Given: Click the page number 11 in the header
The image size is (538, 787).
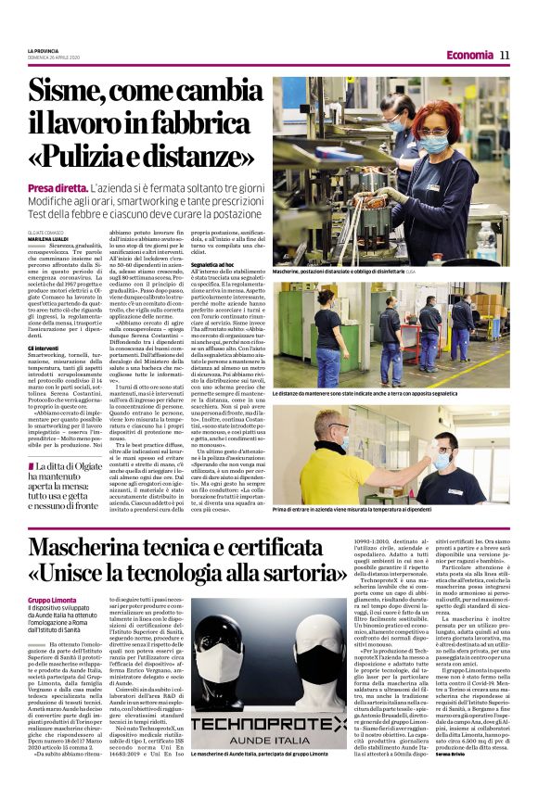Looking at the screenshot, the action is pos(506,55).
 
